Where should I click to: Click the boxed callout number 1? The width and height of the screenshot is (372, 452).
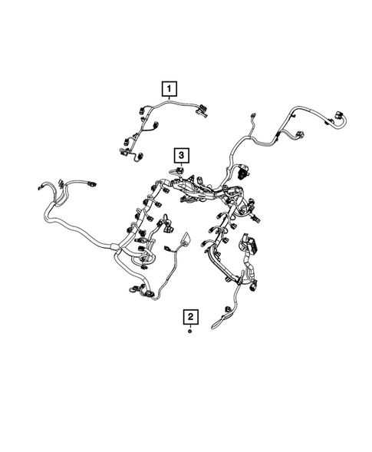pyautogui.click(x=166, y=91)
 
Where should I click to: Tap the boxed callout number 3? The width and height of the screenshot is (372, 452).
pyautogui.click(x=180, y=155)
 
